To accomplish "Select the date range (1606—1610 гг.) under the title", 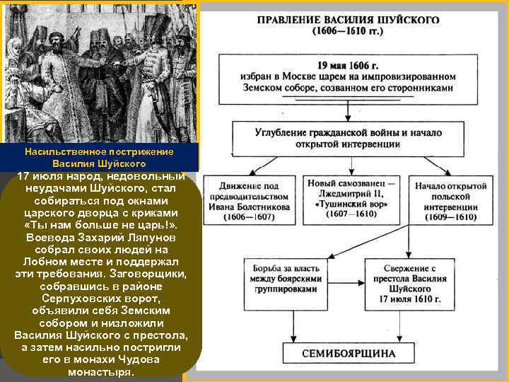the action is pyautogui.click(x=347, y=31).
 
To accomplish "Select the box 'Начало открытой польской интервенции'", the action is pyautogui.click(x=450, y=202).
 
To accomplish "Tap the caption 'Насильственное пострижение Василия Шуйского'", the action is pyautogui.click(x=99, y=158).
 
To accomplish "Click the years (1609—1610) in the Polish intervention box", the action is pyautogui.click(x=450, y=218).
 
